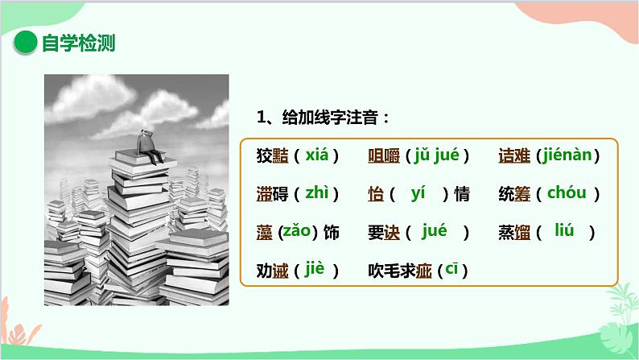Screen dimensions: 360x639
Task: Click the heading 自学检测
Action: (x=78, y=43)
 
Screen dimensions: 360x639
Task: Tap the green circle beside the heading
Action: (x=27, y=43)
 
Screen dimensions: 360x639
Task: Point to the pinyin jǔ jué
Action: (x=435, y=155)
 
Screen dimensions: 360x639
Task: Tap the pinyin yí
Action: (x=417, y=193)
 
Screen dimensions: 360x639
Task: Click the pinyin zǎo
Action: (x=295, y=233)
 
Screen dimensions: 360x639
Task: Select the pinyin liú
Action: (x=564, y=231)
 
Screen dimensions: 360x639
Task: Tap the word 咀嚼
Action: (x=383, y=155)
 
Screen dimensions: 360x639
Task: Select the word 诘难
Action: (x=514, y=155)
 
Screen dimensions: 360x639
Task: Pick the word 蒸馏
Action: (x=514, y=233)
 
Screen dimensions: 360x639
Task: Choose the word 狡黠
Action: (x=269, y=155)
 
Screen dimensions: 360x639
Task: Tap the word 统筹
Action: (x=514, y=194)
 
